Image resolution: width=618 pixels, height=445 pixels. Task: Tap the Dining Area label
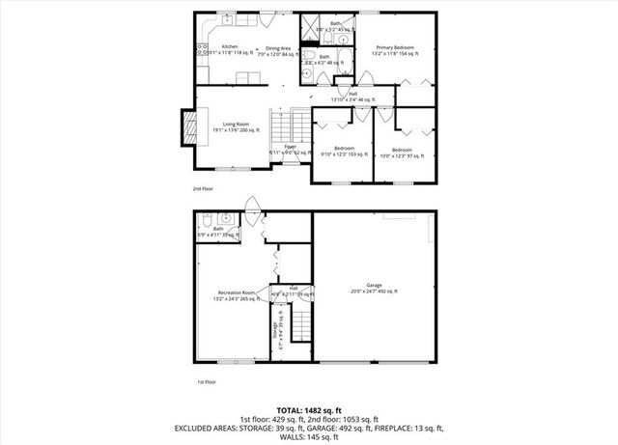coord(278,48)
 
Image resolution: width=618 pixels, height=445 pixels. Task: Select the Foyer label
coord(290,149)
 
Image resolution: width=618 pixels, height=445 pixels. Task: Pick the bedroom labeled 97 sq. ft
coord(402,152)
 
